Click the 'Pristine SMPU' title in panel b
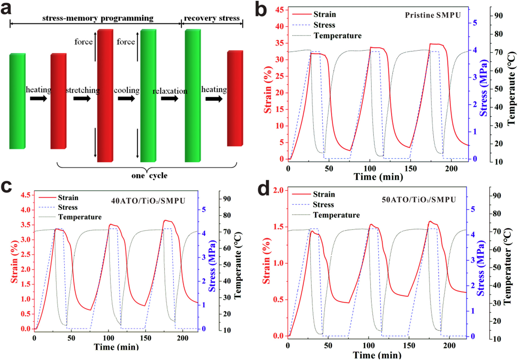point(433,15)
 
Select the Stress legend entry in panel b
point(324,25)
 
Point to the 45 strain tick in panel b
point(279,10)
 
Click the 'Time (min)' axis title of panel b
point(378,177)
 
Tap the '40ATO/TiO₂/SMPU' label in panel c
point(148,201)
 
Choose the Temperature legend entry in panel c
point(80,217)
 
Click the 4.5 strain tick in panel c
point(26,195)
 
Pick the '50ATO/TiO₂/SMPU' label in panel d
point(419,200)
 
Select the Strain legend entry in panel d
point(324,194)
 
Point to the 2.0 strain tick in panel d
point(278,190)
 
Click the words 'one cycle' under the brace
point(149,176)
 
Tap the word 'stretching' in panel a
point(83,90)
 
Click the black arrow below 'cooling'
point(126,99)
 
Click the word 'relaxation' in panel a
point(170,91)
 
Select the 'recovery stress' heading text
point(212,18)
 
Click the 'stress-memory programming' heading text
point(98,18)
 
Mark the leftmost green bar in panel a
point(17,101)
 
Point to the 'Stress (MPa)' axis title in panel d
point(481,268)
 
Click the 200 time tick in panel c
point(182,338)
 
